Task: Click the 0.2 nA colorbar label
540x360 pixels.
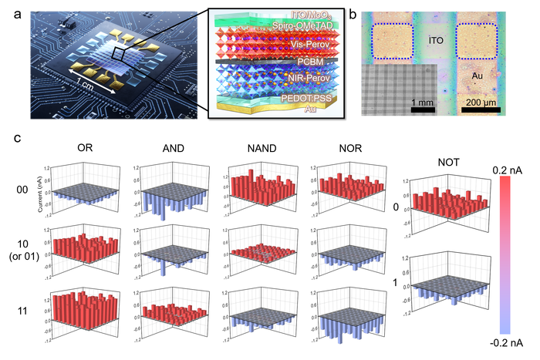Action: point(509,167)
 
